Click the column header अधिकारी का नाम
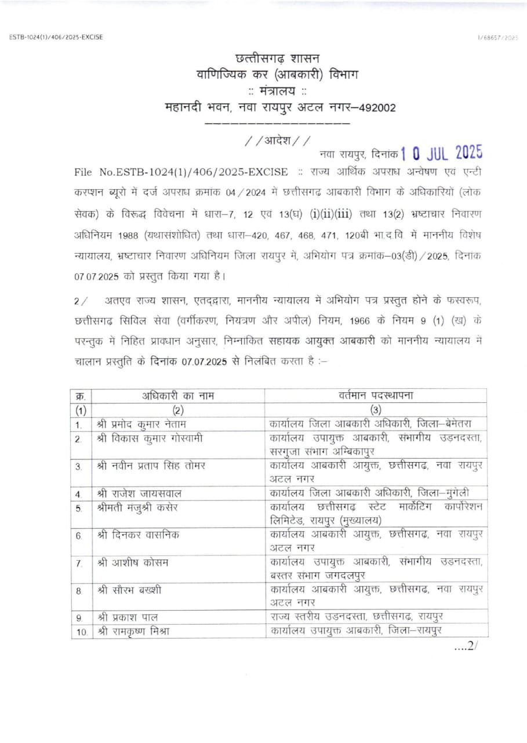178,396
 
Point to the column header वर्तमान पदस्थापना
376,396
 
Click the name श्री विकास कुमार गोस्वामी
150,438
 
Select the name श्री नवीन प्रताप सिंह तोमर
152,466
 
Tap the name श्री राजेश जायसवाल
139,494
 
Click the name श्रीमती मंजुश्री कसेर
138,507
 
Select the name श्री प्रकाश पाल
128,617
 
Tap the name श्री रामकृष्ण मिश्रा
134,631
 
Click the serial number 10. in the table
81,632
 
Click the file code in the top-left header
56,37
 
